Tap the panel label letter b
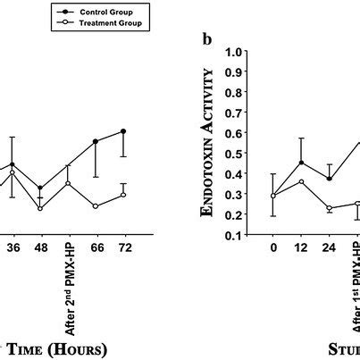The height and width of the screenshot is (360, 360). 207,40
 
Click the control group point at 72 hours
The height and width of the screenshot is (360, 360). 123,131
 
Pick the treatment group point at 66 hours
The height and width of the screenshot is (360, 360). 96,206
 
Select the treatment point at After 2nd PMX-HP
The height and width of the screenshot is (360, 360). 68,184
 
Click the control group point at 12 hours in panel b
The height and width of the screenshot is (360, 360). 302,163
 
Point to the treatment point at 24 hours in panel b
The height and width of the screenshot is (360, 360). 330,208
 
